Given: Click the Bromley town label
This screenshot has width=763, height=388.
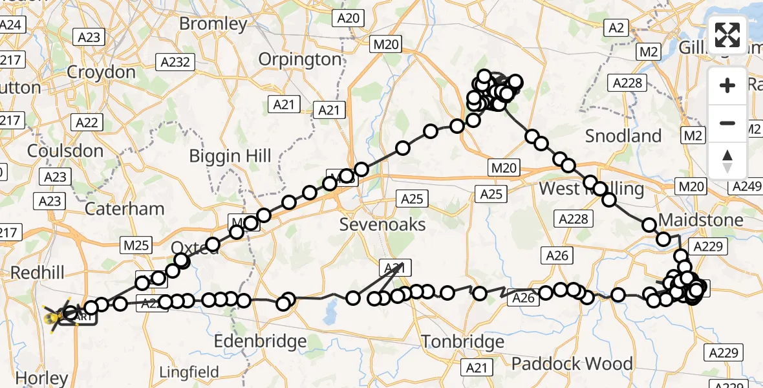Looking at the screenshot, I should tap(213, 25).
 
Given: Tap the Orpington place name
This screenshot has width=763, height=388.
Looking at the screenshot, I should tap(299, 59).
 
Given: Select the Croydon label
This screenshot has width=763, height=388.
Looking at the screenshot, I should tap(101, 72).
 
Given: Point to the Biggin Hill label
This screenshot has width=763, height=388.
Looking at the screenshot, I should tap(230, 156).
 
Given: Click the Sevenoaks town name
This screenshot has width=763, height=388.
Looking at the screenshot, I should tap(383, 224).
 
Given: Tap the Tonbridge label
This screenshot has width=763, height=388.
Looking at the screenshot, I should tap(462, 341).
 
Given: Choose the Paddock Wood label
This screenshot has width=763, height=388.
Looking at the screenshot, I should tap(572, 363).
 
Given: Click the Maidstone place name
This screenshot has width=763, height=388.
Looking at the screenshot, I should tap(701, 220).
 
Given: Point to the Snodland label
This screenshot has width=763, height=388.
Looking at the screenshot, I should tap(623, 136).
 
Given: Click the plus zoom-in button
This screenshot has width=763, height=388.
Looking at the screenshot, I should tap(727, 85).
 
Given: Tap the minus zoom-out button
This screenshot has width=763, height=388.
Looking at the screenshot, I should tap(727, 123).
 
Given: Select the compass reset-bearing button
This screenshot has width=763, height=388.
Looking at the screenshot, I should tap(727, 160).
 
